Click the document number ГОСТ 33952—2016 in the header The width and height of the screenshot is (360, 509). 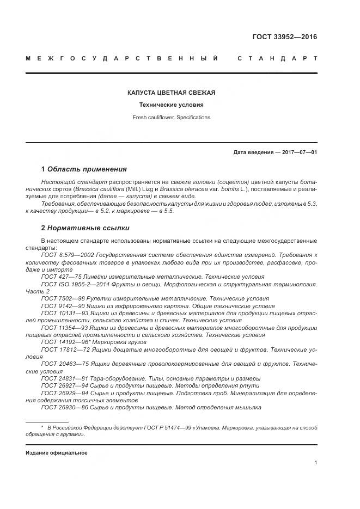pos(284,37)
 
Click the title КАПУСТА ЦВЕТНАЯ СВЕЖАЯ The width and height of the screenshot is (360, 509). pos(172,93)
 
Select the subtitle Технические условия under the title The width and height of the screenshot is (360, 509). pos(172,105)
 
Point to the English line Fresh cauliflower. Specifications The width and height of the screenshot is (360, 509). pos(172,117)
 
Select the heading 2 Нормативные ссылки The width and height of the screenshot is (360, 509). pos(78,228)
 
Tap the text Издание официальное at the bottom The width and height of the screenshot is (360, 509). pos(56,452)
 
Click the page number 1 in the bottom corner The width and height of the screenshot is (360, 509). pos(315,462)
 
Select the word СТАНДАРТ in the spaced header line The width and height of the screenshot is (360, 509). pos(277,58)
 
